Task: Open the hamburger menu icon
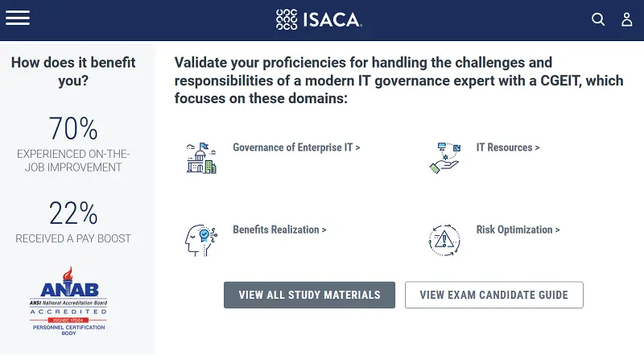[x=18, y=18]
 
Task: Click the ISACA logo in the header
[x=319, y=19]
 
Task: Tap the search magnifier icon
[x=598, y=19]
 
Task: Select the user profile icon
[x=627, y=19]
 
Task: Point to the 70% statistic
[x=73, y=129]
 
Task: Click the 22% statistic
[x=73, y=213]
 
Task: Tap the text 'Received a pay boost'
[x=73, y=238]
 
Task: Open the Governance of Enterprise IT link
[x=296, y=147]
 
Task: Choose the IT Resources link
[x=508, y=147]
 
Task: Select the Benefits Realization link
[x=279, y=230]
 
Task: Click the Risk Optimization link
[x=518, y=230]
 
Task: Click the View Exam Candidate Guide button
[x=493, y=295]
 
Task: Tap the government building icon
[x=200, y=158]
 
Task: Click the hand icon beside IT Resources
[x=444, y=158]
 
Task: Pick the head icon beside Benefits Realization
[x=200, y=239]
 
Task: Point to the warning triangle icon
[x=444, y=239]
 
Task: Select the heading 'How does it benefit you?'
[x=73, y=72]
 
